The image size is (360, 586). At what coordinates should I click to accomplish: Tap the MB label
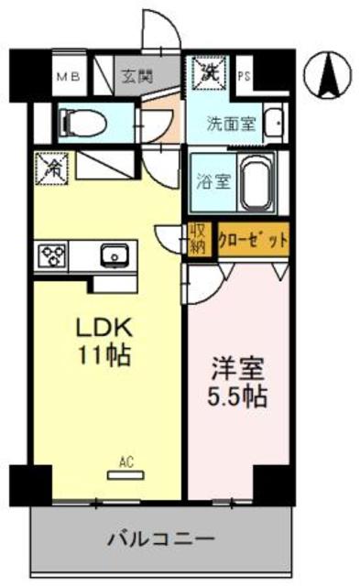pos(69,78)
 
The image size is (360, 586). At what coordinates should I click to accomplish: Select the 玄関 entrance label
pos(138,77)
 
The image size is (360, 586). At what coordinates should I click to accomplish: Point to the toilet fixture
pos(77,122)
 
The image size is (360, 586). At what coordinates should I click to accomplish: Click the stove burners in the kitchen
pos(51,255)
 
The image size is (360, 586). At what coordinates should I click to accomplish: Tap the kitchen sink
pos(115,255)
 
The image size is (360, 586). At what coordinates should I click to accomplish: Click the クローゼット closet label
pos(252,239)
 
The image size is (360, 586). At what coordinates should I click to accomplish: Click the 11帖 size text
pos(104,356)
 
